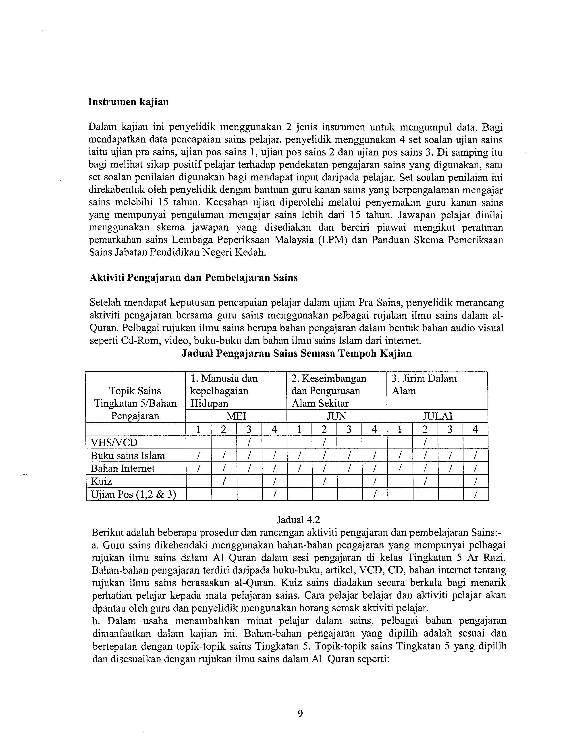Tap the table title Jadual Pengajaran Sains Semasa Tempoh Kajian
[297, 354]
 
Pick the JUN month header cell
[336, 416]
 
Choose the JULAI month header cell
[437, 416]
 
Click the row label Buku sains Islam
[128, 456]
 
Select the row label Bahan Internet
[123, 468]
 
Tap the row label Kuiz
[101, 481]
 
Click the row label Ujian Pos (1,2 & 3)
[133, 494]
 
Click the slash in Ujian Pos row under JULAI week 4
[475, 494]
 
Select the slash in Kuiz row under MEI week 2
[224, 481]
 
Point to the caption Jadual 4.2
[298, 520]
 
